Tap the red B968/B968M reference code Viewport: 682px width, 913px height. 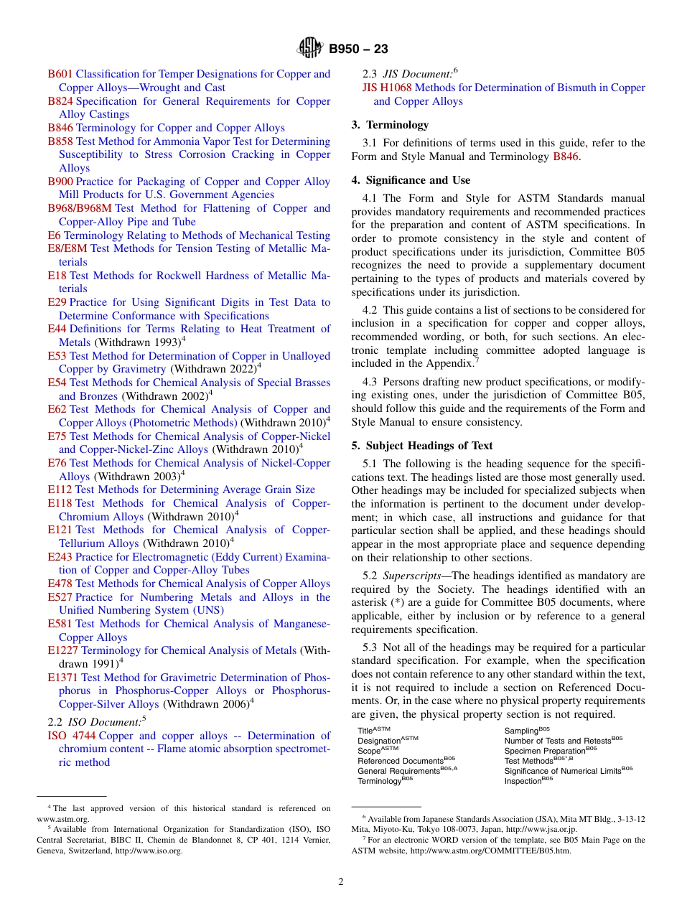[80, 208]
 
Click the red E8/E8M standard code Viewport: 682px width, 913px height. [67, 248]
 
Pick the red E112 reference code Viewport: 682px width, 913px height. [60, 490]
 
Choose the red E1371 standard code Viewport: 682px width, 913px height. [62, 678]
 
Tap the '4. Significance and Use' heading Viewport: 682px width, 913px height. [411, 179]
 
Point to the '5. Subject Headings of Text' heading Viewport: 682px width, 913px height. [421, 445]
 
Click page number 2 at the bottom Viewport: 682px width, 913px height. [341, 882]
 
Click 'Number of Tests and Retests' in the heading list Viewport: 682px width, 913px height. [557, 741]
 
